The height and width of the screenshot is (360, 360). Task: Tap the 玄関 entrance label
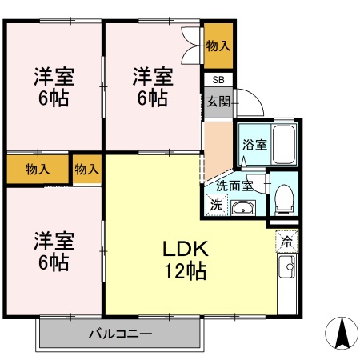[x=218, y=101]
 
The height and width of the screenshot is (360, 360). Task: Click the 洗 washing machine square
[x=216, y=205]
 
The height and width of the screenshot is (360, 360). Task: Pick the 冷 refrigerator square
[x=286, y=239]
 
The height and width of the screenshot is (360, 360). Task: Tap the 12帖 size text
[x=186, y=271]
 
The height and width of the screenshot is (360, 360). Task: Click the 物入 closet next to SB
[x=218, y=46]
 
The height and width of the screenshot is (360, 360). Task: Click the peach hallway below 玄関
[x=217, y=140]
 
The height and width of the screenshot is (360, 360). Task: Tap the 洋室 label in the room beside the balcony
[x=54, y=241]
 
